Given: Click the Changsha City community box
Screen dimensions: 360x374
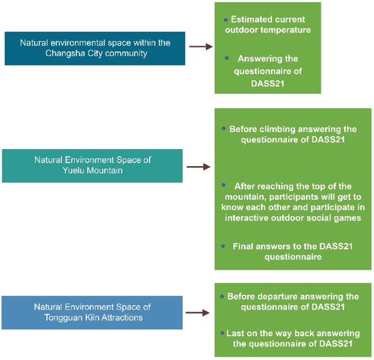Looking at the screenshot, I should [95, 47].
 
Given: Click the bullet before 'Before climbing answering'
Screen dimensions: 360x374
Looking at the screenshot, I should [224, 127].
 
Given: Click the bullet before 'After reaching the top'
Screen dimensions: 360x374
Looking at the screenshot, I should [224, 184].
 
